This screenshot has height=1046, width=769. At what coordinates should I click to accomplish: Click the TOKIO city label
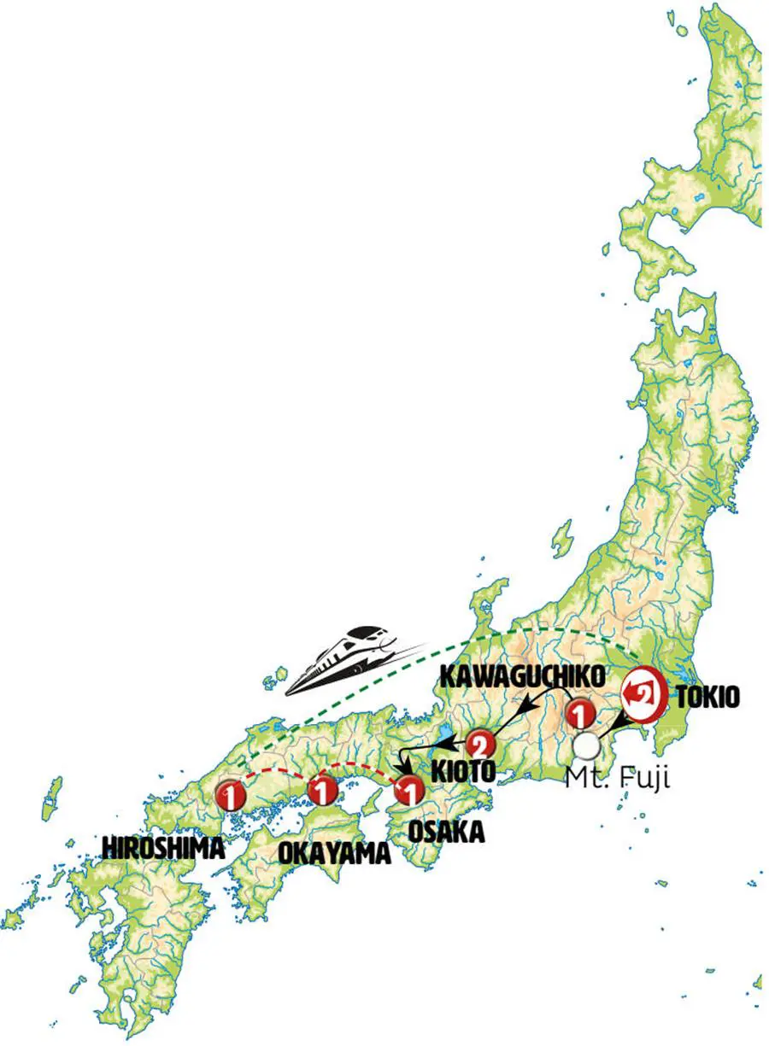[x=707, y=697]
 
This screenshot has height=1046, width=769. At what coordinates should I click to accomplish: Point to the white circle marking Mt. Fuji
[x=586, y=746]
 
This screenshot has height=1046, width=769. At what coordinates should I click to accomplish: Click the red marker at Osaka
[x=409, y=792]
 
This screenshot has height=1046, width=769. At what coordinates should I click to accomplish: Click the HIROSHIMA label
[x=163, y=847]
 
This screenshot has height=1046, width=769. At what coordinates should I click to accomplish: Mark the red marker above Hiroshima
[x=231, y=794]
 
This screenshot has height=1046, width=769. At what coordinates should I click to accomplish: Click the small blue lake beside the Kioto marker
[x=445, y=736]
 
